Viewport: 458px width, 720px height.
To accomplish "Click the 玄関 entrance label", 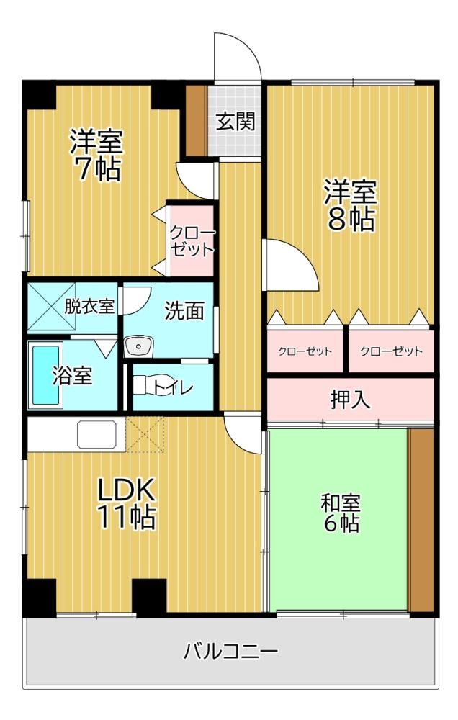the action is point(235,122).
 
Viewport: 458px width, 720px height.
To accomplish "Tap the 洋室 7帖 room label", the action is point(96,156).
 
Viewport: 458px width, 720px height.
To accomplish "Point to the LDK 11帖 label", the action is point(125,503).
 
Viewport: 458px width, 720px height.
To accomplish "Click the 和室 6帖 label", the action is point(341,513).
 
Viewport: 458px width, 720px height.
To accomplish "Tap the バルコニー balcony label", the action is point(230,651).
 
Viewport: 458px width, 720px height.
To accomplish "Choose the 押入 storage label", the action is point(350,400).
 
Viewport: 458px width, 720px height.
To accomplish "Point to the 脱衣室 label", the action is point(89,306).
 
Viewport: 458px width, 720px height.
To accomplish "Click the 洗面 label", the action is point(184,311).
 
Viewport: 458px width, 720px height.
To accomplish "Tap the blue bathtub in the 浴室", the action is point(45,375).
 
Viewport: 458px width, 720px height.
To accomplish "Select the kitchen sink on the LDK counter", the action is point(96,434).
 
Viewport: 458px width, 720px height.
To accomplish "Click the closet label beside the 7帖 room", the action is point(192,241).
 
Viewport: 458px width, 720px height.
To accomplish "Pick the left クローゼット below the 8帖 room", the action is point(305,352).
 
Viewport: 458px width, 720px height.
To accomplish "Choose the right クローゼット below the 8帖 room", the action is point(391,352).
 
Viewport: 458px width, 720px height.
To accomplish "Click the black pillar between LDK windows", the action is point(149,595).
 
